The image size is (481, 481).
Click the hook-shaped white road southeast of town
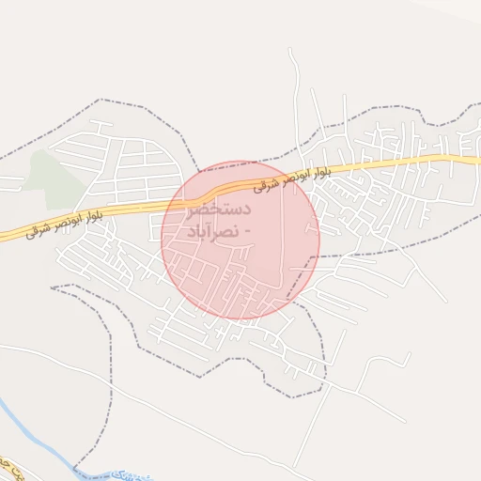tap(409, 358)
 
